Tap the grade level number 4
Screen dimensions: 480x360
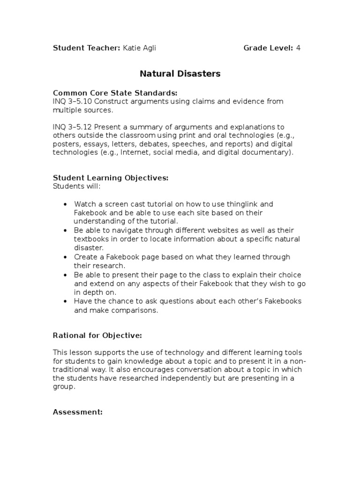pyautogui.click(x=298, y=48)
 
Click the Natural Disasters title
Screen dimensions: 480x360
pyautogui.click(x=180, y=74)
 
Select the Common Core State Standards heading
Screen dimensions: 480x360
pyautogui.click(x=115, y=93)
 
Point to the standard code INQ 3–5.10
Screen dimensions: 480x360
pyautogui.click(x=72, y=102)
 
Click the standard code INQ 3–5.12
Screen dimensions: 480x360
pyautogui.click(x=72, y=127)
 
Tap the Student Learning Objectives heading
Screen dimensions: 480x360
pyautogui.click(x=111, y=178)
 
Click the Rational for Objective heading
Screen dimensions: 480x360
pyautogui.click(x=97, y=336)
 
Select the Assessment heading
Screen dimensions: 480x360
pyautogui.click(x=78, y=412)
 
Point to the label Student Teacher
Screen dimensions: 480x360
pyautogui.click(x=86, y=48)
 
